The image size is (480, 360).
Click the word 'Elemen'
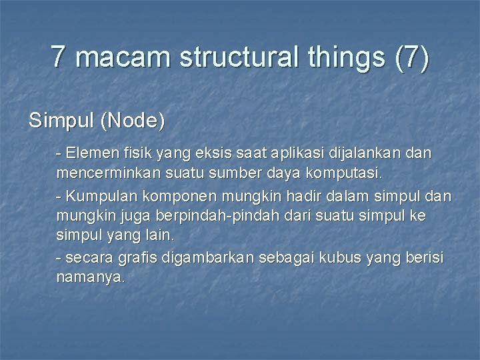(87, 153)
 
